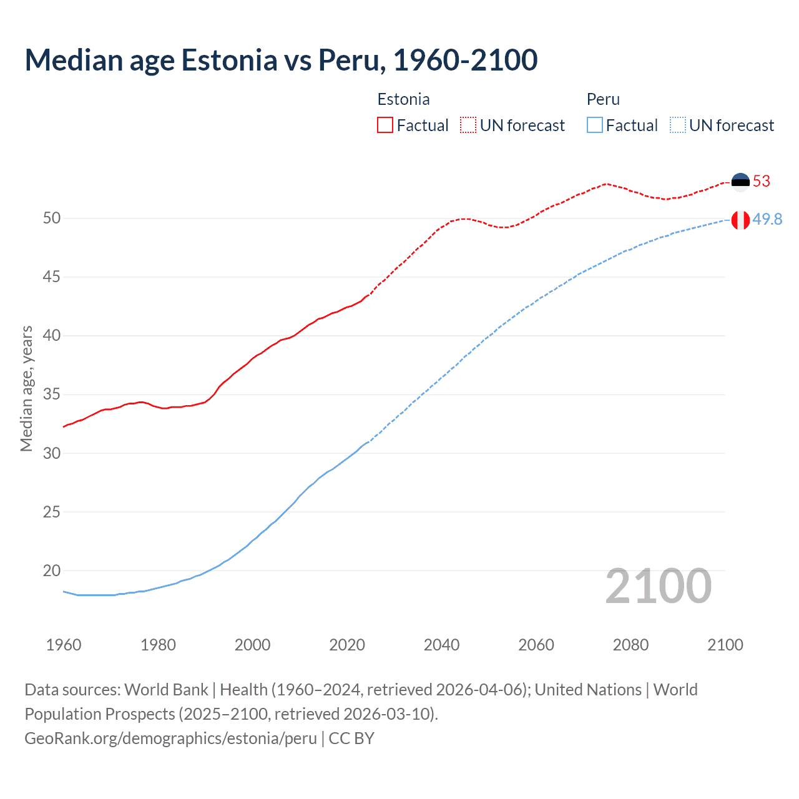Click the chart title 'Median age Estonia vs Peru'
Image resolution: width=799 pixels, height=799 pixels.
click(x=281, y=60)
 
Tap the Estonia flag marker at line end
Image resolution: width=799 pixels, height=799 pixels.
click(x=740, y=182)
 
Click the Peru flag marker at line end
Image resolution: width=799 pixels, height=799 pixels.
click(x=740, y=220)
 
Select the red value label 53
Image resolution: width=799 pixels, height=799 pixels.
click(x=762, y=182)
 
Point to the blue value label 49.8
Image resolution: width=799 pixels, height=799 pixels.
click(x=767, y=220)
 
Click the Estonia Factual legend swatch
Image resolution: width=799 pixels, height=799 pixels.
click(x=385, y=125)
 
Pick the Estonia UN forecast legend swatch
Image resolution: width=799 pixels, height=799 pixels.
click(x=468, y=125)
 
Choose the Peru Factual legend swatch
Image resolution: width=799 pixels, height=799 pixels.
click(x=595, y=125)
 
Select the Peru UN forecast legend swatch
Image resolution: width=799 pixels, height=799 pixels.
click(x=677, y=125)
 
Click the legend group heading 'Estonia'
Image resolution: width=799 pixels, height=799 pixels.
click(x=403, y=99)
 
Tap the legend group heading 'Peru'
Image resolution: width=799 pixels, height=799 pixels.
click(x=603, y=99)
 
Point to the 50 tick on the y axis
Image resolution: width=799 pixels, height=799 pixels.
click(x=52, y=218)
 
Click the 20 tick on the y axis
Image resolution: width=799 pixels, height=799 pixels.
click(x=52, y=571)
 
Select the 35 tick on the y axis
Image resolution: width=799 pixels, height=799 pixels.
click(x=52, y=395)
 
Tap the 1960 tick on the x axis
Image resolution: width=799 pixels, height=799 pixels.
click(x=64, y=645)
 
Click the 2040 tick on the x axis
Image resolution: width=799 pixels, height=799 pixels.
click(x=441, y=645)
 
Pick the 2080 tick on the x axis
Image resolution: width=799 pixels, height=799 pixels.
click(x=630, y=645)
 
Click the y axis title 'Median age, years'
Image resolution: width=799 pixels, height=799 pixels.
click(x=26, y=388)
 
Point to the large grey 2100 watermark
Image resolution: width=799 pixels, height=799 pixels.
click(x=658, y=586)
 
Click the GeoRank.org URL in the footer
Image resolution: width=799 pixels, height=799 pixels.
click(x=170, y=738)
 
